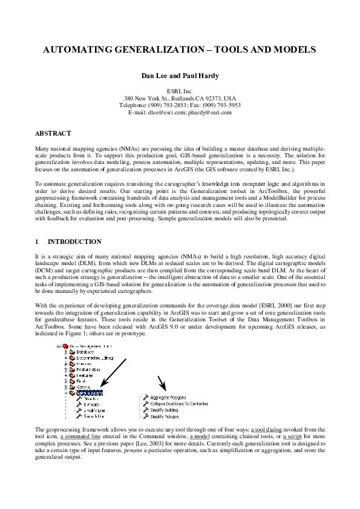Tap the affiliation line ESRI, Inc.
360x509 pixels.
tap(180, 90)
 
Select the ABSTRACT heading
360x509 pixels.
tap(53, 133)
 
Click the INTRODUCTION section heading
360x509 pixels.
tap(74, 241)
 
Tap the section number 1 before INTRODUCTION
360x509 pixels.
tap(38, 241)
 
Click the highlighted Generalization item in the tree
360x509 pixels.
tap(90, 393)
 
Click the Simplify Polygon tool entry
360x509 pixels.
tap(165, 417)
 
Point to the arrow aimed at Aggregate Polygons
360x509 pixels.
tap(162, 383)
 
